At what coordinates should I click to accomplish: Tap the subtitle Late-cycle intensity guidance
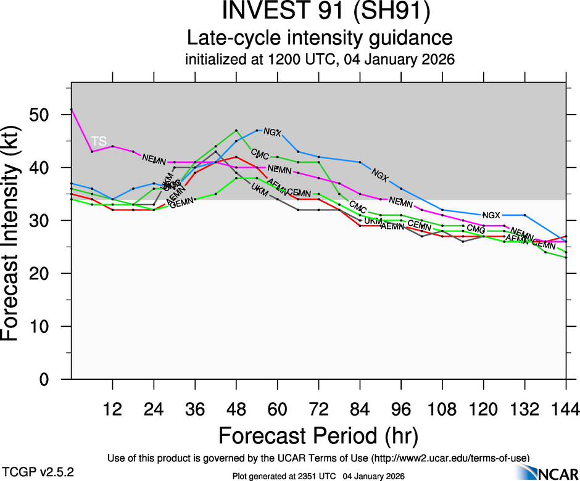click(x=320, y=38)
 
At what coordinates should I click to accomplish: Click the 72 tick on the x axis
click(x=318, y=410)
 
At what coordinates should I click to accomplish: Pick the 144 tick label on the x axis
click(x=566, y=410)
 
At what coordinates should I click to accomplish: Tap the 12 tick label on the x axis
click(x=112, y=410)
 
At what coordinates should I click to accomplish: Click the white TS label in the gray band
click(x=99, y=141)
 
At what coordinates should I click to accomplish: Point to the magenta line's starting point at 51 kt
click(x=72, y=109)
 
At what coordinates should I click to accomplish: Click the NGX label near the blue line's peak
click(x=272, y=132)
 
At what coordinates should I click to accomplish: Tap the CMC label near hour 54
click(x=259, y=152)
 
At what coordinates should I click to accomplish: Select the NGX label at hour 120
click(x=491, y=215)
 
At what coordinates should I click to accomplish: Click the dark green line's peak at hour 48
click(x=236, y=131)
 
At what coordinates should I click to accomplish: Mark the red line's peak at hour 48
click(x=236, y=157)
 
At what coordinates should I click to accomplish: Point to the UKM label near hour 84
click(x=373, y=221)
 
